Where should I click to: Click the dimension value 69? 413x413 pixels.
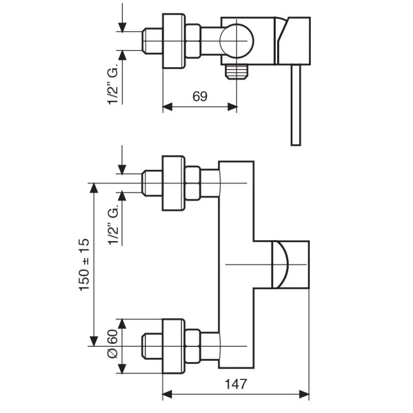[200, 97]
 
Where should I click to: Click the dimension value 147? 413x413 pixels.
[236, 385]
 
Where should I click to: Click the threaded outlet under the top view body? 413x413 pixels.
[237, 71]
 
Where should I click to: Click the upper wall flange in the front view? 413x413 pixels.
[173, 183]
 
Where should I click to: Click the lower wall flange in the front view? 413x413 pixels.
[173, 346]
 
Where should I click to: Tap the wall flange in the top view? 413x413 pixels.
[173, 41]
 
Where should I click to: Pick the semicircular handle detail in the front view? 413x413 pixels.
[280, 264]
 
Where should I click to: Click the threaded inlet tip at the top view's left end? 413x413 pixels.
[152, 41]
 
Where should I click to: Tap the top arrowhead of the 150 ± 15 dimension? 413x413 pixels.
[94, 187]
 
